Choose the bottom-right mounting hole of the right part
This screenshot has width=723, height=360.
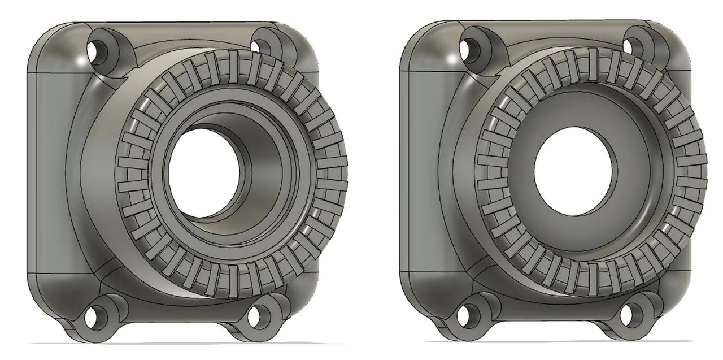pos(631,314)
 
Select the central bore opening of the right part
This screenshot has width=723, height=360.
pos(574,170)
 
